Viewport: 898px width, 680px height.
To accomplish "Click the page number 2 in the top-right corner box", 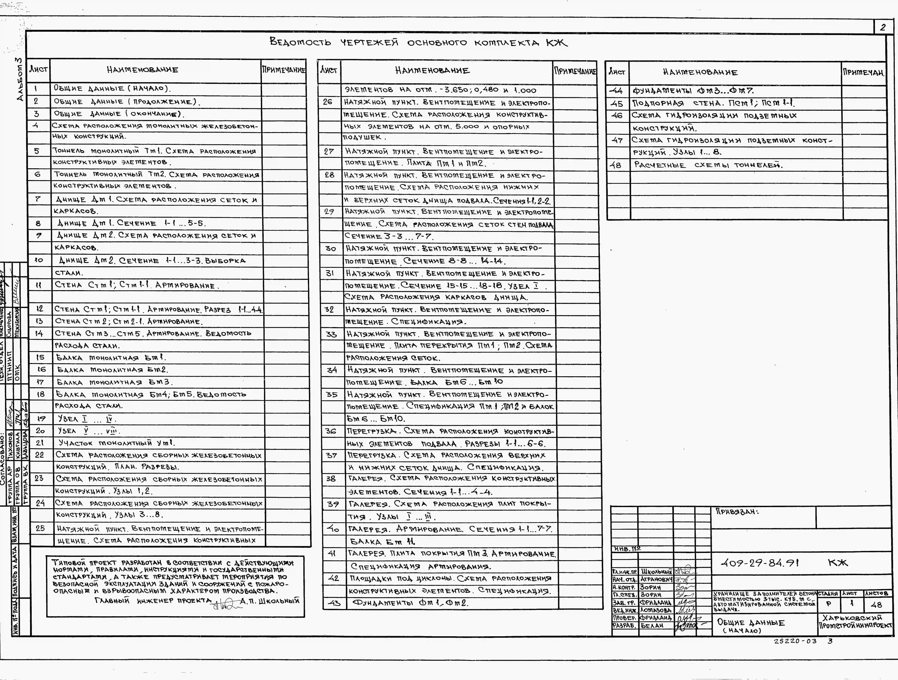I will (883, 28).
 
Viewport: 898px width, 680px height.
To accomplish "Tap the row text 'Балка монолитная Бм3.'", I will (115, 382).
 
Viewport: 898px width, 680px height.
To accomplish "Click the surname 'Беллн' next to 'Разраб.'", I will (652, 626).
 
